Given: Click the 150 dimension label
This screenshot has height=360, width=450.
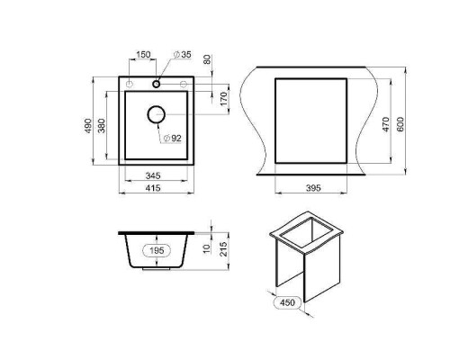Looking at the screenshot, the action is (x=143, y=55).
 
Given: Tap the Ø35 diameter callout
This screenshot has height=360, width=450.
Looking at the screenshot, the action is (x=182, y=55).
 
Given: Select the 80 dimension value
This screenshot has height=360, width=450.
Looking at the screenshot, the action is (x=207, y=59).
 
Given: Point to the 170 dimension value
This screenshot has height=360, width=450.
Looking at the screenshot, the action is (x=224, y=99).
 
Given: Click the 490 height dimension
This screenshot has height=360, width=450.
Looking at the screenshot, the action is (x=87, y=126).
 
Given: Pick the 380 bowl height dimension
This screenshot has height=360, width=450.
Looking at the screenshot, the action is (x=102, y=126).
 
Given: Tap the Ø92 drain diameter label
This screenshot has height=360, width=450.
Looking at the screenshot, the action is (x=173, y=139).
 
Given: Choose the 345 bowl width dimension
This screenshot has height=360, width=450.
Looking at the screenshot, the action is (x=153, y=175).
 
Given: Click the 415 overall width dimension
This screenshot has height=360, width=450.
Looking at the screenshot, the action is (x=153, y=188).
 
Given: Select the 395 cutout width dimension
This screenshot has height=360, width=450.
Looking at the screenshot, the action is (x=313, y=188).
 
